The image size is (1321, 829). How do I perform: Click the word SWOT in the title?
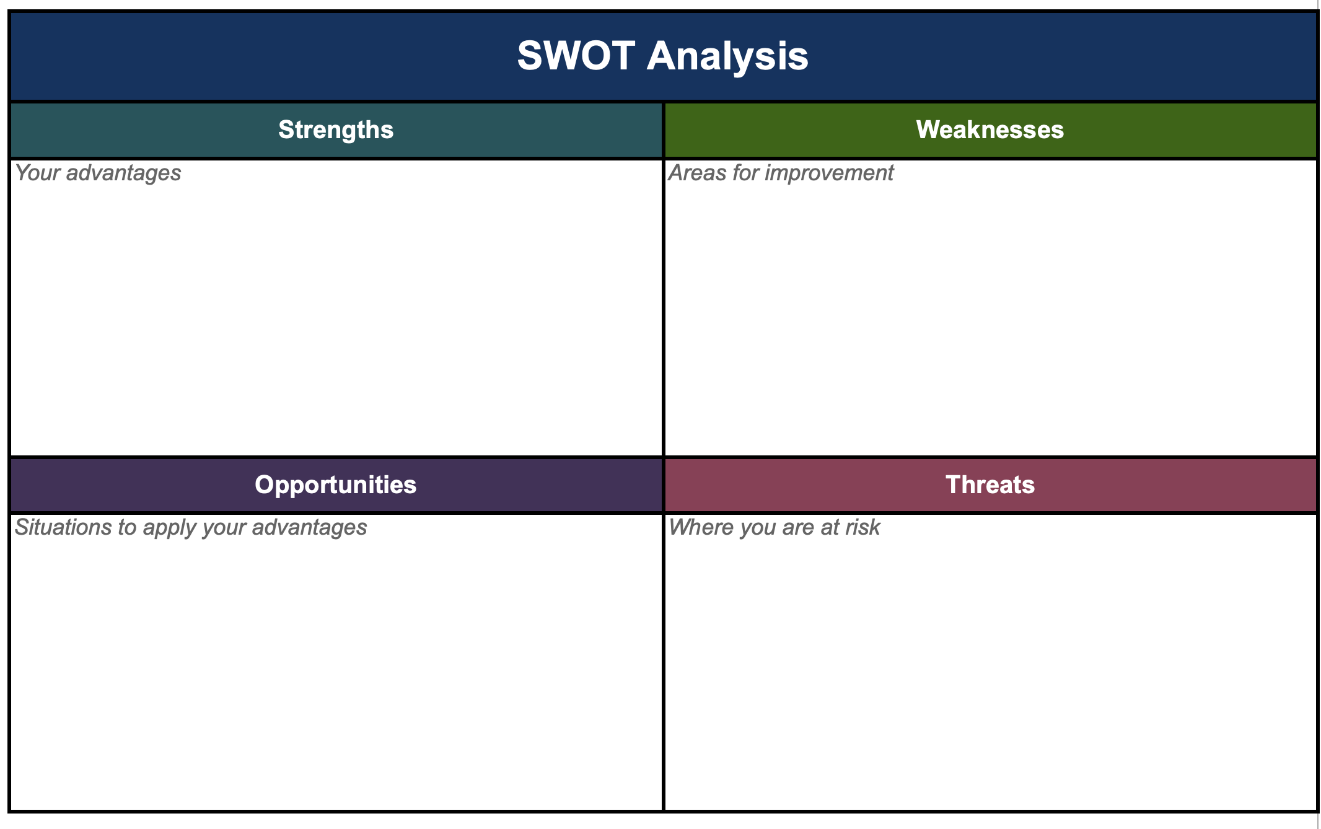point(576,56)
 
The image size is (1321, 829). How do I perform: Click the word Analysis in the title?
point(727,56)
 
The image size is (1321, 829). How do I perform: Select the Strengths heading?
point(336,130)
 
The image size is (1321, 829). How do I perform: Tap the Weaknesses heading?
point(990,129)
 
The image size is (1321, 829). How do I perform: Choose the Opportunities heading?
point(336,485)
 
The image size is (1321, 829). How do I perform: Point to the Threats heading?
point(990,485)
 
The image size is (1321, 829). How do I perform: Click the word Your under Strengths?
point(37,173)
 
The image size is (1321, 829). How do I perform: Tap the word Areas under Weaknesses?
point(697,173)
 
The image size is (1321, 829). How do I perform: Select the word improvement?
point(830,173)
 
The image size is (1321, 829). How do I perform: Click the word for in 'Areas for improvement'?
point(745,173)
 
